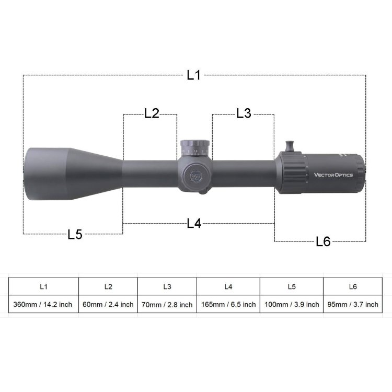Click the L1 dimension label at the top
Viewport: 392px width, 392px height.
pyautogui.click(x=193, y=75)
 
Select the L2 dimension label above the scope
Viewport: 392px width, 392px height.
pyautogui.click(x=151, y=113)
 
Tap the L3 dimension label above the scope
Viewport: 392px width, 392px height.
pyautogui.click(x=244, y=113)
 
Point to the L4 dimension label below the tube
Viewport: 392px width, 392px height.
pyautogui.click(x=194, y=223)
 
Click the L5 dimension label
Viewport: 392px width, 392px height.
pyautogui.click(x=75, y=234)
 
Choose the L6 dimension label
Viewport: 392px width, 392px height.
pyautogui.click(x=324, y=241)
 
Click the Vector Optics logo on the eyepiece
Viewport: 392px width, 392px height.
pyautogui.click(x=333, y=175)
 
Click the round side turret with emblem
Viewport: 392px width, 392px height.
pyautogui.click(x=195, y=175)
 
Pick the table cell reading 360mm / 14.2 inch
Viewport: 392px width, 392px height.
pyautogui.click(x=43, y=304)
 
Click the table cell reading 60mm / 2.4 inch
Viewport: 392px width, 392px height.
pyautogui.click(x=108, y=304)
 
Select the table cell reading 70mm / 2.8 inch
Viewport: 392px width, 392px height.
pyautogui.click(x=167, y=304)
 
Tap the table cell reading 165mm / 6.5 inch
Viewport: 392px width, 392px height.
pyautogui.click(x=228, y=304)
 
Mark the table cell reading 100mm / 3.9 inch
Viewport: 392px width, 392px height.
pyautogui.click(x=292, y=304)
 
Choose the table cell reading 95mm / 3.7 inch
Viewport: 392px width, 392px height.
pyautogui.click(x=352, y=304)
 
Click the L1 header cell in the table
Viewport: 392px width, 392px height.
pyautogui.click(x=43, y=286)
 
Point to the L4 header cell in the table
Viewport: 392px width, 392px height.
pyautogui.click(x=228, y=286)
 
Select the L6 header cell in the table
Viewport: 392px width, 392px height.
pyautogui.click(x=352, y=286)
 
